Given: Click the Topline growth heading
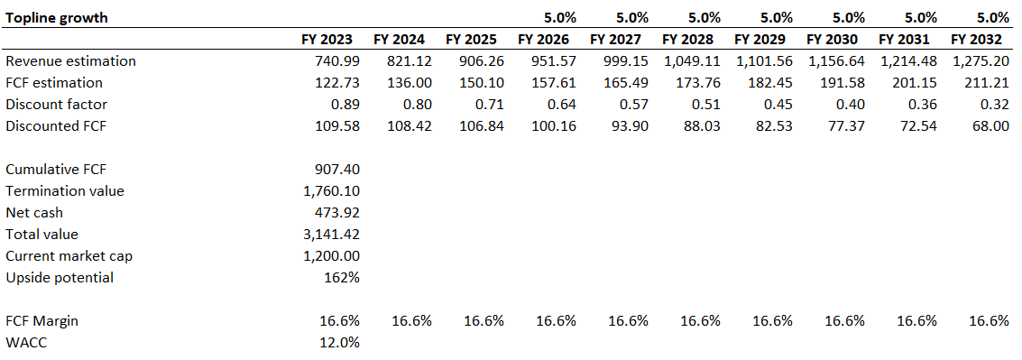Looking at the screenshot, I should coord(58,17).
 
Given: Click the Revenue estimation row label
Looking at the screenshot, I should coord(70,60).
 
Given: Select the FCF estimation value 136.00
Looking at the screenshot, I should coord(410,82).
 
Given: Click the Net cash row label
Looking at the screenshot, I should coord(34,212).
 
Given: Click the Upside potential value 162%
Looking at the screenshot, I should coord(342,277).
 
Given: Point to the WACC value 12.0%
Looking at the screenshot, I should coord(340,342).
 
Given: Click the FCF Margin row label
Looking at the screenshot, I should coord(44,320).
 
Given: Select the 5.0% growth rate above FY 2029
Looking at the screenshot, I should coord(773,17).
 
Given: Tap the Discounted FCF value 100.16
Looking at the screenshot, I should coord(555,125).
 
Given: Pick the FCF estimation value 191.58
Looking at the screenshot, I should coord(843,82).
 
